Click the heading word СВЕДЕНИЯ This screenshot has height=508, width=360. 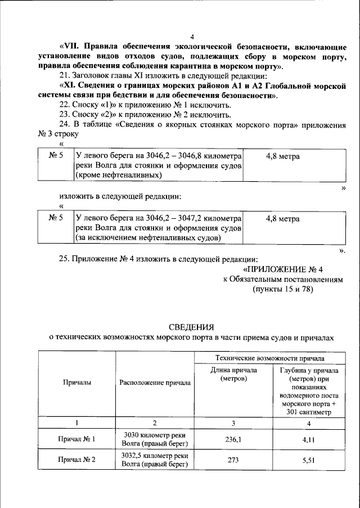(192, 327)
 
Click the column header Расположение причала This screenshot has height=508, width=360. (155, 383)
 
